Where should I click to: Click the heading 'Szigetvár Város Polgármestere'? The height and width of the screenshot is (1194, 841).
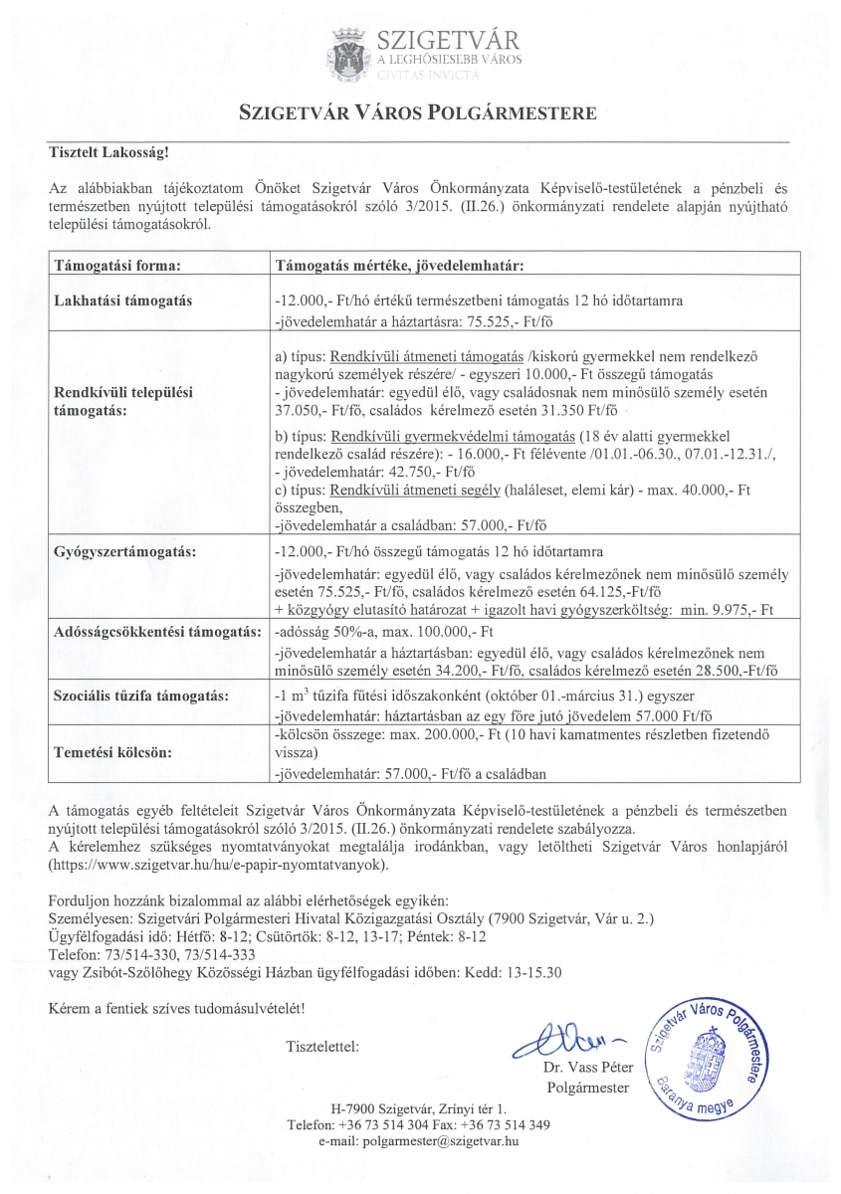pos(419,112)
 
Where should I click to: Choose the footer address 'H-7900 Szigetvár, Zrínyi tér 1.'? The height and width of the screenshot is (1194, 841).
pos(419,1108)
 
